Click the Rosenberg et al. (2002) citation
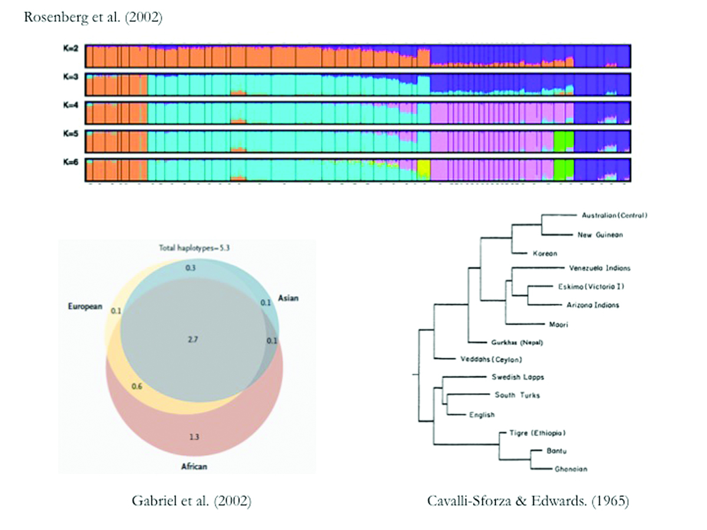coord(93,17)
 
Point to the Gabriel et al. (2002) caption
coord(192,501)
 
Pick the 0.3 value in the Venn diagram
coord(190,268)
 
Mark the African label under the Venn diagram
coord(193,466)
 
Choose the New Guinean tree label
coord(600,234)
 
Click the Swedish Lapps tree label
coord(514,376)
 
